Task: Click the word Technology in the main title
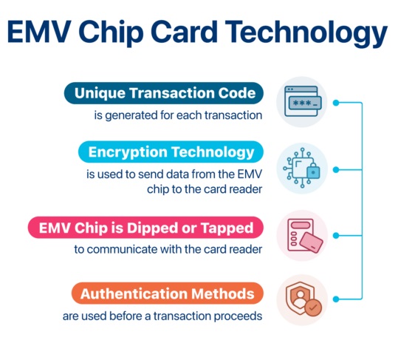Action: pos(306,33)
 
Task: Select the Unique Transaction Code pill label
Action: pos(164,93)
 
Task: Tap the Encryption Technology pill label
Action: pos(171,152)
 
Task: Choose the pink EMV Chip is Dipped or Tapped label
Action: pos(145,228)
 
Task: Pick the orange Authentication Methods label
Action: pos(168,293)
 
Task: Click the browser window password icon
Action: pos(303,101)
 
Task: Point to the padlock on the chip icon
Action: pos(313,171)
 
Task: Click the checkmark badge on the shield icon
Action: pos(313,308)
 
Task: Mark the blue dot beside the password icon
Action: pos(336,103)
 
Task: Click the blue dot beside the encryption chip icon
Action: pos(336,170)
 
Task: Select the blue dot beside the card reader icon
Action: pos(336,236)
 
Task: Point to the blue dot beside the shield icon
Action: pos(336,299)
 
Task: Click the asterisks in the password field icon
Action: pos(302,103)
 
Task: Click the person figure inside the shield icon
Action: pos(300,300)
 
